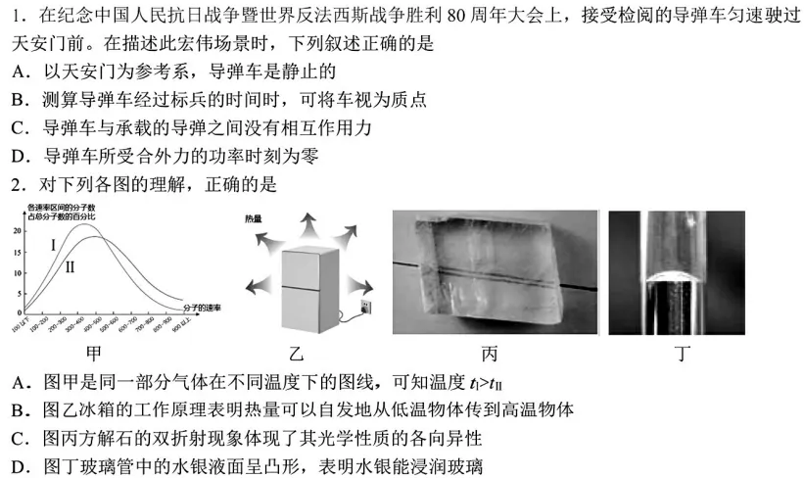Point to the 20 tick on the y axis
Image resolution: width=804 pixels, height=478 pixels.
pyautogui.click(x=17, y=231)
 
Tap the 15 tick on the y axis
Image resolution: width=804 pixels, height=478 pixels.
pyautogui.click(x=17, y=253)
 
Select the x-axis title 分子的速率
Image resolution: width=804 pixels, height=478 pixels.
pyautogui.click(x=201, y=308)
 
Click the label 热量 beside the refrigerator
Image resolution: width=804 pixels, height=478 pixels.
pyautogui.click(x=254, y=220)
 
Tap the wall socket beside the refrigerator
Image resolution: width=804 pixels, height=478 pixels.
pyautogui.click(x=365, y=309)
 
